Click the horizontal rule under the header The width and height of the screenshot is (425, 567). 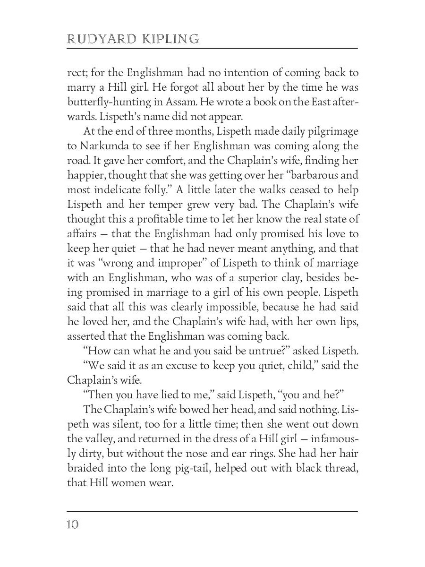tap(212, 48)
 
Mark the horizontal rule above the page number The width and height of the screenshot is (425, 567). tap(212, 511)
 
